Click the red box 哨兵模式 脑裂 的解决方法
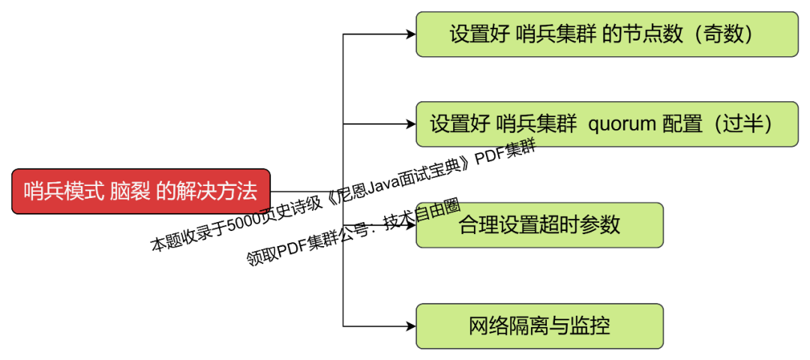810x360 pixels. [140, 191]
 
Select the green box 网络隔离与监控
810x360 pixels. [539, 326]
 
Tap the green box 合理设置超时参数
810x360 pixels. [539, 225]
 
